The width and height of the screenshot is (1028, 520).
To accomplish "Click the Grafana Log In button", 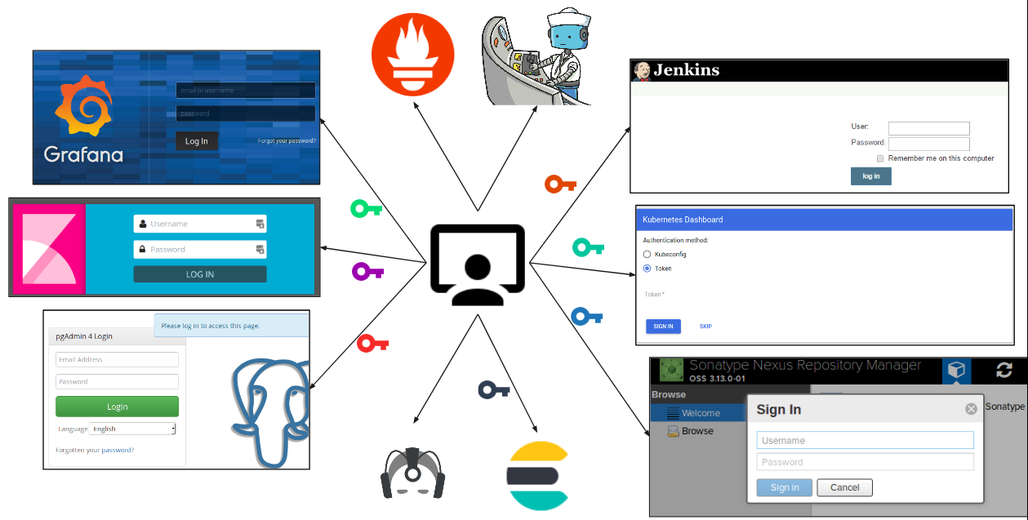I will tap(197, 141).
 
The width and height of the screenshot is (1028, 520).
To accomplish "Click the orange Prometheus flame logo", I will tap(412, 55).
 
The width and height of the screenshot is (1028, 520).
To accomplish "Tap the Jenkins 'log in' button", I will tap(871, 176).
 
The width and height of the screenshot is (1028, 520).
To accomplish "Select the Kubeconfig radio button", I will tap(648, 255).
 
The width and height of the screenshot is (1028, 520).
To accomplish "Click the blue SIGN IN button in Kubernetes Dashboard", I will tap(663, 327).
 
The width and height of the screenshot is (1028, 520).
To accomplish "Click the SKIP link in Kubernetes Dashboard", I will tap(705, 327).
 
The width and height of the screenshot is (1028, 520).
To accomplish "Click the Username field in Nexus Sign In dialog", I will tap(865, 441).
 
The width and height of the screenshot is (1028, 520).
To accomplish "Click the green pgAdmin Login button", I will tap(117, 407).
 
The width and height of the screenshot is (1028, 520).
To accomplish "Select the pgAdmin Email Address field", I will tap(117, 360).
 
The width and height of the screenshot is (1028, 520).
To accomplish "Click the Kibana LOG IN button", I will tap(200, 274).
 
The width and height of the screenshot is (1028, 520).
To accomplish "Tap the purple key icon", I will tap(367, 271).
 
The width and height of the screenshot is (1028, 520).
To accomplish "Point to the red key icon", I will tap(372, 344).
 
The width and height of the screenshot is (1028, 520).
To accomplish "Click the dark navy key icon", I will tap(493, 390).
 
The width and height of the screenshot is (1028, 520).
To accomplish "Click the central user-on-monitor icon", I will tap(478, 265).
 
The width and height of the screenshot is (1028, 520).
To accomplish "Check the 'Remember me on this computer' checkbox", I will tap(880, 158).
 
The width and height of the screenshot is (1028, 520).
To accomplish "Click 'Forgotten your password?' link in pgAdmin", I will tap(95, 450).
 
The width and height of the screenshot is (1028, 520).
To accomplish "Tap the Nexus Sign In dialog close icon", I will tap(971, 409).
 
